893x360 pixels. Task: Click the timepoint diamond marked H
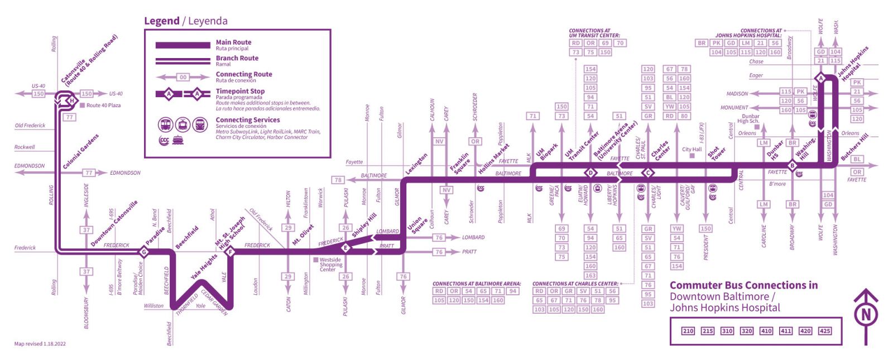71,100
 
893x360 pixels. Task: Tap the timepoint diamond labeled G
144,252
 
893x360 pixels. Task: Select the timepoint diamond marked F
229,252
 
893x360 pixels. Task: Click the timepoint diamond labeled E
345,248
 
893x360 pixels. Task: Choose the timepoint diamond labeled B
791,165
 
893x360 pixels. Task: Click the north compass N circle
866,315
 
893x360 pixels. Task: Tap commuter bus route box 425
825,331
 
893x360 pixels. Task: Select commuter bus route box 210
688,331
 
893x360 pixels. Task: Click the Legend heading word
161,21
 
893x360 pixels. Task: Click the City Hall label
692,150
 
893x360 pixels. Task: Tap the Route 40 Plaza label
103,105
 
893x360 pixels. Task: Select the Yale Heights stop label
204,267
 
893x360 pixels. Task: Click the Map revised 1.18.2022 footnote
40,344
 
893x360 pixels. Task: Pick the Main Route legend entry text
233,42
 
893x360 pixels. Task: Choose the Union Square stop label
416,225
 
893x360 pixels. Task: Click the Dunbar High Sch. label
748,119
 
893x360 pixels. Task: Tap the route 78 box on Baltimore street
338,180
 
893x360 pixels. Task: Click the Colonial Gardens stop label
81,152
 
